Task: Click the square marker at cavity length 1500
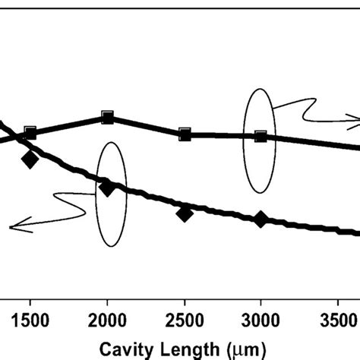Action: coord(30,133)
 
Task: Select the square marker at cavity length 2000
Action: coord(107,118)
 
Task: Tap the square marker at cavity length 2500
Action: coord(184,134)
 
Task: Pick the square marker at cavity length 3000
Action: coord(261,136)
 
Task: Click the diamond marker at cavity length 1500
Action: coord(30,159)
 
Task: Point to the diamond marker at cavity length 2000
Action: coord(107,188)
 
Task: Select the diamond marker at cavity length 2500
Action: coord(184,213)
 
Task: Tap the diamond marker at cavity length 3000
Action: coord(261,219)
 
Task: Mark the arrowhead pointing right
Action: coord(352,117)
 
